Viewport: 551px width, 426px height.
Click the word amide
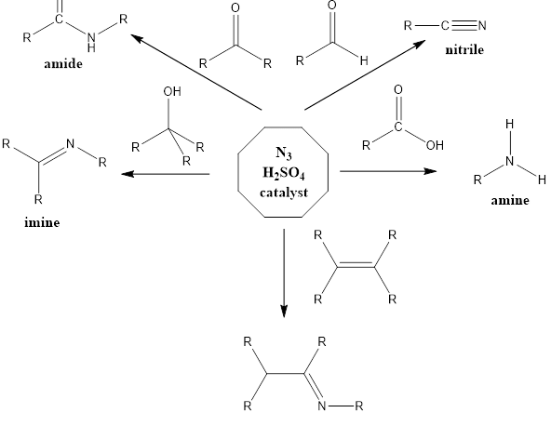click(x=63, y=64)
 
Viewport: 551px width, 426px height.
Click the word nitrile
click(x=464, y=50)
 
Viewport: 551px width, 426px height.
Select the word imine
click(x=42, y=222)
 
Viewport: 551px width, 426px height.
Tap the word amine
click(x=510, y=201)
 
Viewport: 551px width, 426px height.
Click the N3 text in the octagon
click(x=284, y=153)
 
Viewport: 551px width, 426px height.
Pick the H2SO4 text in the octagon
click(x=283, y=173)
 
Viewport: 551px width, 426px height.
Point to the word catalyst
click(x=284, y=193)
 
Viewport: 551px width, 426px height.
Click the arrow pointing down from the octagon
click(x=284, y=273)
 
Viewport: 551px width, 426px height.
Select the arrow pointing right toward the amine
click(x=388, y=171)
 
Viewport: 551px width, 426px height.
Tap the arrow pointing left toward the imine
click(x=166, y=174)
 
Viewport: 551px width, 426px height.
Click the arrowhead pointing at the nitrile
click(x=419, y=44)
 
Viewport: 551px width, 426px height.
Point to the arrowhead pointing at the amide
click(x=137, y=38)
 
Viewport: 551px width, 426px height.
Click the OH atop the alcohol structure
click(x=172, y=92)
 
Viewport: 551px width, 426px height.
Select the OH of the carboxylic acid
click(x=435, y=145)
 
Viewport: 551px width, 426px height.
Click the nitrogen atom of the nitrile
click(x=482, y=26)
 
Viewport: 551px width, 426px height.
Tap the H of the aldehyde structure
click(x=364, y=60)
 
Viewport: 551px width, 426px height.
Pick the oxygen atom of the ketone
click(x=235, y=8)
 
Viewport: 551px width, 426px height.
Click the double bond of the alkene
click(x=356, y=265)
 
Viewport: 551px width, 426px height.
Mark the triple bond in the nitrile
click(x=464, y=26)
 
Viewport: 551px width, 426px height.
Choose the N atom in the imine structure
click(x=71, y=144)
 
